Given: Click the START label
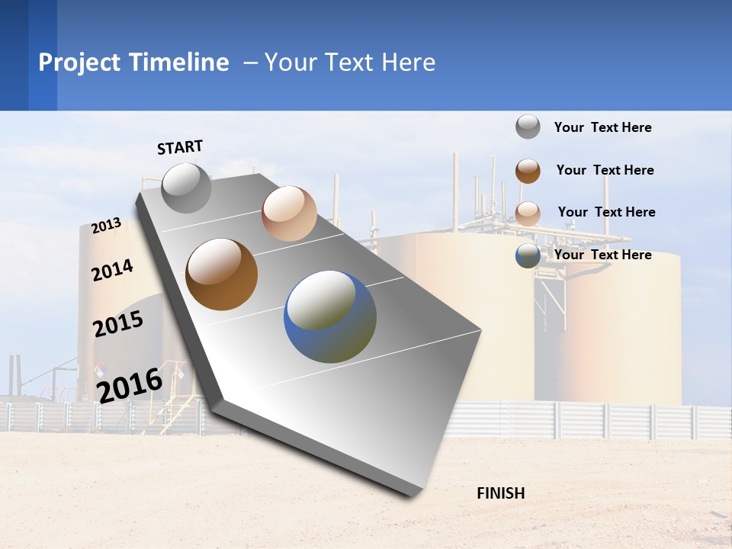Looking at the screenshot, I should pos(180,147).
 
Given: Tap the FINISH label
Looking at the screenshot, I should pos(500,493).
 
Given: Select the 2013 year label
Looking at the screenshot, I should pos(106,226).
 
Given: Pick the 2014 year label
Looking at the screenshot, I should pos(112,270).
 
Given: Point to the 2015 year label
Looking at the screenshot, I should pos(117,324).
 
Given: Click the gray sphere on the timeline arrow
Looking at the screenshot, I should pos(186,188).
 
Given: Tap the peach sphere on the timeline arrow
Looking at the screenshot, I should pos(289,213).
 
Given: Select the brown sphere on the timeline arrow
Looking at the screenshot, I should pos(221,274).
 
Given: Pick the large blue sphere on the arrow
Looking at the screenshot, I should pos(330,316).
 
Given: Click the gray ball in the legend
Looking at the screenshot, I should pos(528,127).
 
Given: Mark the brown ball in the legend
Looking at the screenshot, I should pos(528,171).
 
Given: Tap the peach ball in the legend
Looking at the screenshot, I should pos(528,213).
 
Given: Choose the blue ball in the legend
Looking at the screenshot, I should pos(528,255).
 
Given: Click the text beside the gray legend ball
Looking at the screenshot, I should pos(602,128).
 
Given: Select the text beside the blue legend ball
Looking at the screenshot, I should pos(602,255).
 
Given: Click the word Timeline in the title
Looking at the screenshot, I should pos(179,63).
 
